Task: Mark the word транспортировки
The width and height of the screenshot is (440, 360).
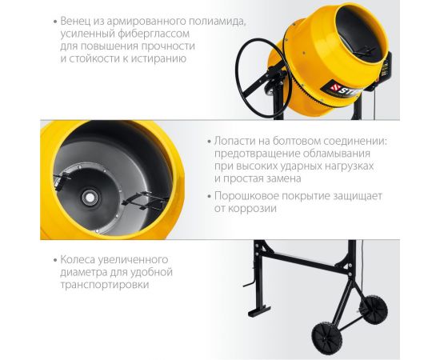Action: (104, 285)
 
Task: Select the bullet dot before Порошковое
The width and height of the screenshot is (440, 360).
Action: (207, 195)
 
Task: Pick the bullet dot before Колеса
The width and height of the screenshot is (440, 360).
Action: (52, 259)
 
